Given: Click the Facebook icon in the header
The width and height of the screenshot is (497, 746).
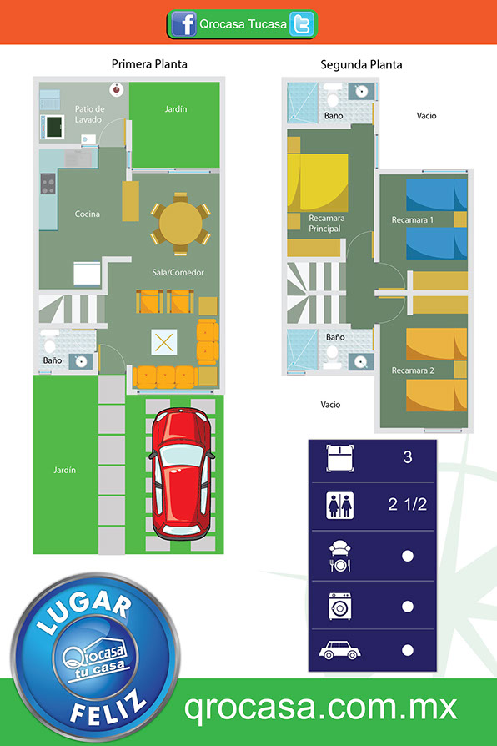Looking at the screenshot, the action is [183, 23].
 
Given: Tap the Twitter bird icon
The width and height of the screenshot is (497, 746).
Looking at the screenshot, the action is [302, 24].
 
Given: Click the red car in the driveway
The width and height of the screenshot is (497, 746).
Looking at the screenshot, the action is [182, 473].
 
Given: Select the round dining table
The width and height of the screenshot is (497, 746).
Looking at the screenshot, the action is [181, 224].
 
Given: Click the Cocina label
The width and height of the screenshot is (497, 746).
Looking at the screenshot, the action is [88, 214].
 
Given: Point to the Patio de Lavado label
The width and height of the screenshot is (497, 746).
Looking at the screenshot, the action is [89, 114].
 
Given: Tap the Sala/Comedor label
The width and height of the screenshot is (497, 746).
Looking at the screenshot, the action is [178, 273].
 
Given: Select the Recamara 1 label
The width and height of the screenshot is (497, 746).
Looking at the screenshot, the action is [412, 219].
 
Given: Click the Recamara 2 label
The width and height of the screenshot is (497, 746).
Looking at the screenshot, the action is [413, 370].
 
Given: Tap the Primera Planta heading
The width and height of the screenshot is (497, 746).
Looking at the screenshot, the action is [149, 64].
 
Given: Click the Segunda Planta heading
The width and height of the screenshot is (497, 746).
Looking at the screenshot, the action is [361, 65].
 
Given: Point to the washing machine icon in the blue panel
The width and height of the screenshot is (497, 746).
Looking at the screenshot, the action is [340, 606].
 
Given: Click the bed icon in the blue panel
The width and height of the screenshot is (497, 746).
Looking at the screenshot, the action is [340, 458].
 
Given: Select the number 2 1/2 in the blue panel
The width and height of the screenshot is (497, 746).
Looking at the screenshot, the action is [408, 504].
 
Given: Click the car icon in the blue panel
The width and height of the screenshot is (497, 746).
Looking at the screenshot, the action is [339, 650].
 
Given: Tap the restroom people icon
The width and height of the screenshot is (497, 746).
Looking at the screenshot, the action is [340, 506].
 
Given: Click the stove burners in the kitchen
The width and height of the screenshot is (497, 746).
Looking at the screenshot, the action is [48, 184].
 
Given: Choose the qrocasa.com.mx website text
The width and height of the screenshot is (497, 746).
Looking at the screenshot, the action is [320, 708].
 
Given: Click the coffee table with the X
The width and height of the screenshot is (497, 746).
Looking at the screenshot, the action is [164, 342].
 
